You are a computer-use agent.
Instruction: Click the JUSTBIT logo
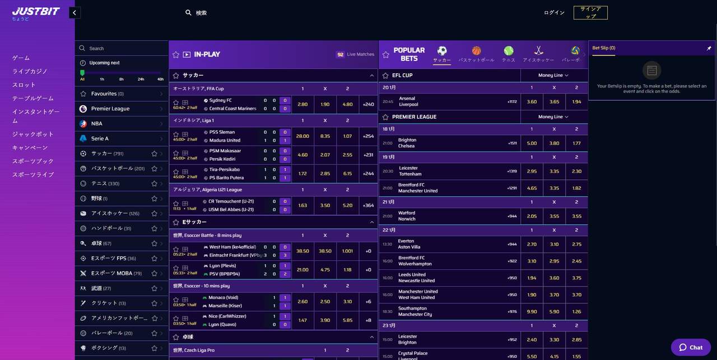(36, 12)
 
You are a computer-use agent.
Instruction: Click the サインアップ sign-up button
(590, 12)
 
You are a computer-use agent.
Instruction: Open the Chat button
(691, 347)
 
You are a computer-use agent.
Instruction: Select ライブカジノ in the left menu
(30, 72)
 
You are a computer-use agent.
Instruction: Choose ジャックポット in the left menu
(33, 134)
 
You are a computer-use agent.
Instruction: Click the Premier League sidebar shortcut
(110, 109)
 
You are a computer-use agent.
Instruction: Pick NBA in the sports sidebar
(97, 124)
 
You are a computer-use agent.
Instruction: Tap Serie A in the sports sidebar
(100, 138)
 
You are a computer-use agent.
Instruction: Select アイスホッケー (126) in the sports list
(115, 213)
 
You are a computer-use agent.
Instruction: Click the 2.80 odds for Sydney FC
(302, 104)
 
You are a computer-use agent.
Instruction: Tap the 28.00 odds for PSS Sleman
(302, 136)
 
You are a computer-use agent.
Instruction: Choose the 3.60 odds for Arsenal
(532, 102)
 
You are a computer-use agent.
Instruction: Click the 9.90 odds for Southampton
(532, 311)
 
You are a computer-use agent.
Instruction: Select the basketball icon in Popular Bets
(476, 51)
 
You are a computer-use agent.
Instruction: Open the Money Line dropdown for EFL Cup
(553, 75)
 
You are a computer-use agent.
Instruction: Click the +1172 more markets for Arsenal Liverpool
(511, 102)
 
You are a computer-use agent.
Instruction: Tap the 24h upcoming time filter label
(141, 79)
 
